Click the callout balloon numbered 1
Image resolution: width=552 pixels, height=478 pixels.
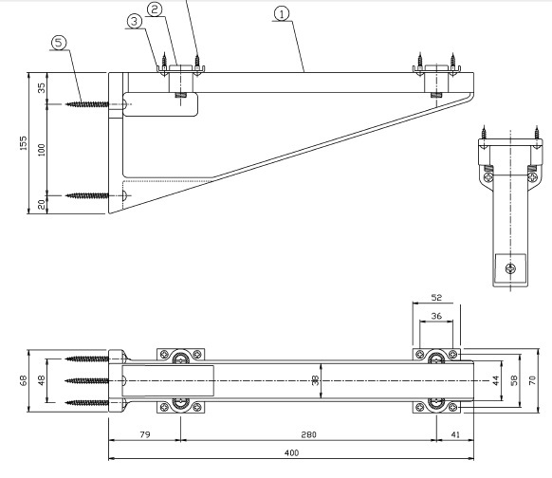[x=282, y=14]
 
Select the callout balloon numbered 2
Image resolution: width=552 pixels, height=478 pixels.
[x=155, y=9]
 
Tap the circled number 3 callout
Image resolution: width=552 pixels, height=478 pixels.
[x=134, y=22]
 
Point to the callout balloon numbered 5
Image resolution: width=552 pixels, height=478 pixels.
[x=59, y=43]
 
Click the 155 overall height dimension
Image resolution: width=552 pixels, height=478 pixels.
[x=23, y=143]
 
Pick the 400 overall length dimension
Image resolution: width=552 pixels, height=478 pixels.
[x=291, y=452]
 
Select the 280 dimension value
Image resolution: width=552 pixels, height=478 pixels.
[x=309, y=434]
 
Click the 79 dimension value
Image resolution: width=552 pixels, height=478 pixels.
[x=145, y=434]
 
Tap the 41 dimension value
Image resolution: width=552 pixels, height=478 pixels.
[x=455, y=434]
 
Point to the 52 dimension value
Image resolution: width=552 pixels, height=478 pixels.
[x=436, y=298]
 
